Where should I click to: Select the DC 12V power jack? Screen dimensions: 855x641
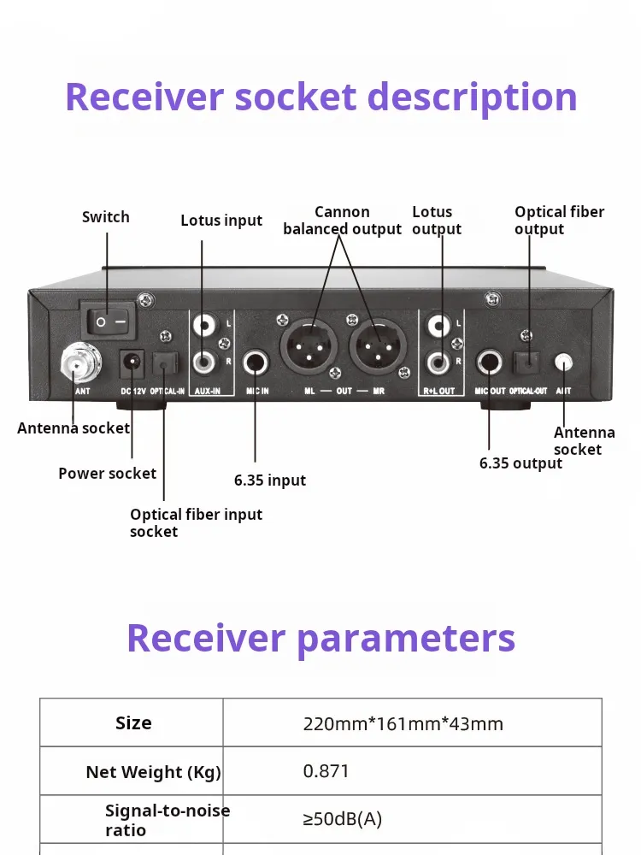click(132, 364)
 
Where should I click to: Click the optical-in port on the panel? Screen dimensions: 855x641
click(164, 366)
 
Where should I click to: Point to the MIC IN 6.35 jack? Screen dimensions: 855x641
click(256, 363)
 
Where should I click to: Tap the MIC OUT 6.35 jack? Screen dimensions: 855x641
click(490, 363)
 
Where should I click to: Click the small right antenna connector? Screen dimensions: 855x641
click(563, 362)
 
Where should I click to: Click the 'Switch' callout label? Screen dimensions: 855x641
click(106, 217)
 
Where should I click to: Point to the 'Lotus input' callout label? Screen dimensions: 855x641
click(221, 221)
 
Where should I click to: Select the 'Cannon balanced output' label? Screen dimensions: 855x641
click(342, 221)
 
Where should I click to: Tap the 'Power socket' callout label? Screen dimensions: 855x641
click(108, 474)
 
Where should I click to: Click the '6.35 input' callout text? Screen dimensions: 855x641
click(270, 481)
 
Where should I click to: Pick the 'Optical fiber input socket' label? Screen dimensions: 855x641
click(196, 522)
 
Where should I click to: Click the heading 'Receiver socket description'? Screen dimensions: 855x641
click(321, 97)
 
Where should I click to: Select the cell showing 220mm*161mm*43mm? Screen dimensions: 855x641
click(403, 724)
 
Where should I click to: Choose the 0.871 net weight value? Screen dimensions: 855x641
click(326, 771)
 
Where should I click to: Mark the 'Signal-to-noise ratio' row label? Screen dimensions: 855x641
click(167, 820)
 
